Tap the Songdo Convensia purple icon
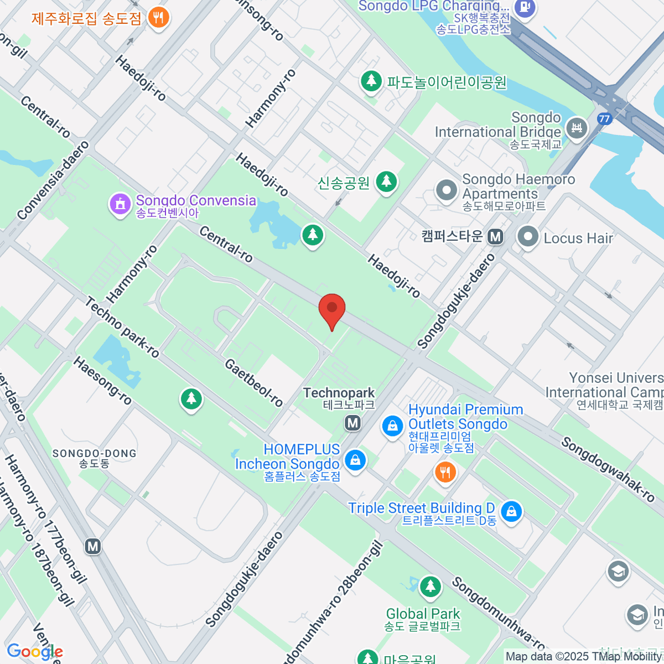coord(120,204)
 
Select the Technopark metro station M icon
coord(352,423)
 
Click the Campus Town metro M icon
coord(495,237)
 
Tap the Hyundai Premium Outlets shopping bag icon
coord(392,426)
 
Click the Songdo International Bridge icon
coord(577,128)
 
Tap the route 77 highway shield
coord(604,118)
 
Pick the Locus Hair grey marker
coord(528,237)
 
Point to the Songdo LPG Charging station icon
coord(523,8)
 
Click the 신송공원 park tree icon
coord(386,181)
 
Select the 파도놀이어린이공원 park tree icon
coord(371,82)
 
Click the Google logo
coord(34,651)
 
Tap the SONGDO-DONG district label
coord(94,458)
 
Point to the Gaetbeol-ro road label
coord(253,382)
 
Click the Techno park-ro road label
coord(122,327)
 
